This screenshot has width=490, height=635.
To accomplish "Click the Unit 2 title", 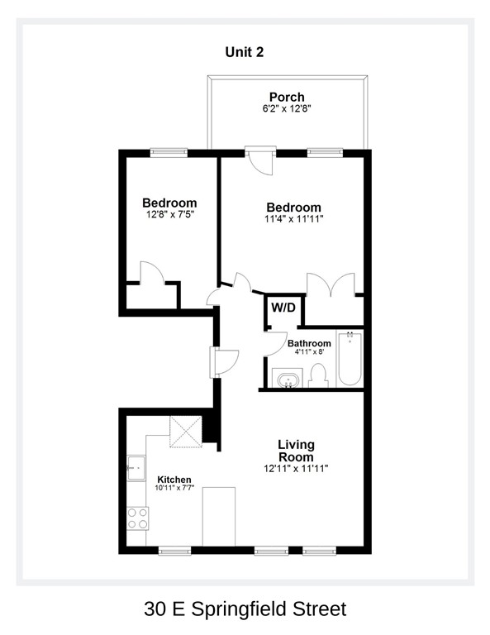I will (x=245, y=51).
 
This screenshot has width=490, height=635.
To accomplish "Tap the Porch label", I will (x=287, y=97).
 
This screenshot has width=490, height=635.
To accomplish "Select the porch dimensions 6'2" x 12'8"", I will (x=287, y=108).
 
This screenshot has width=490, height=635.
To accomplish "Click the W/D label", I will (x=283, y=308).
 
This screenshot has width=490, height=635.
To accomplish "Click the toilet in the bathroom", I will (x=319, y=376).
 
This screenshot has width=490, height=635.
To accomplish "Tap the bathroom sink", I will (x=288, y=380).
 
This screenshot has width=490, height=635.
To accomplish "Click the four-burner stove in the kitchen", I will (x=137, y=518).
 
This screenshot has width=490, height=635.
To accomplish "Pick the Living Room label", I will (x=295, y=451).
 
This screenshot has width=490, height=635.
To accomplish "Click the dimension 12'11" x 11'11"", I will (x=296, y=469).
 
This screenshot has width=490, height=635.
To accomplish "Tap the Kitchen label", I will (x=174, y=480).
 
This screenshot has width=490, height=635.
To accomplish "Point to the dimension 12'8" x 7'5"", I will (x=169, y=215).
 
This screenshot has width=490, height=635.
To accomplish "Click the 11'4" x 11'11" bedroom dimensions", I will (x=293, y=219).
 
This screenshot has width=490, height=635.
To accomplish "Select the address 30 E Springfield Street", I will (x=245, y=610).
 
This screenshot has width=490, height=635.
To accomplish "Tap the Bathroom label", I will (x=309, y=343).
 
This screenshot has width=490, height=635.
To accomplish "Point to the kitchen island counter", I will (x=219, y=516).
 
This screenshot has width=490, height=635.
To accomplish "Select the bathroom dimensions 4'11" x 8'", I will (x=309, y=352).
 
